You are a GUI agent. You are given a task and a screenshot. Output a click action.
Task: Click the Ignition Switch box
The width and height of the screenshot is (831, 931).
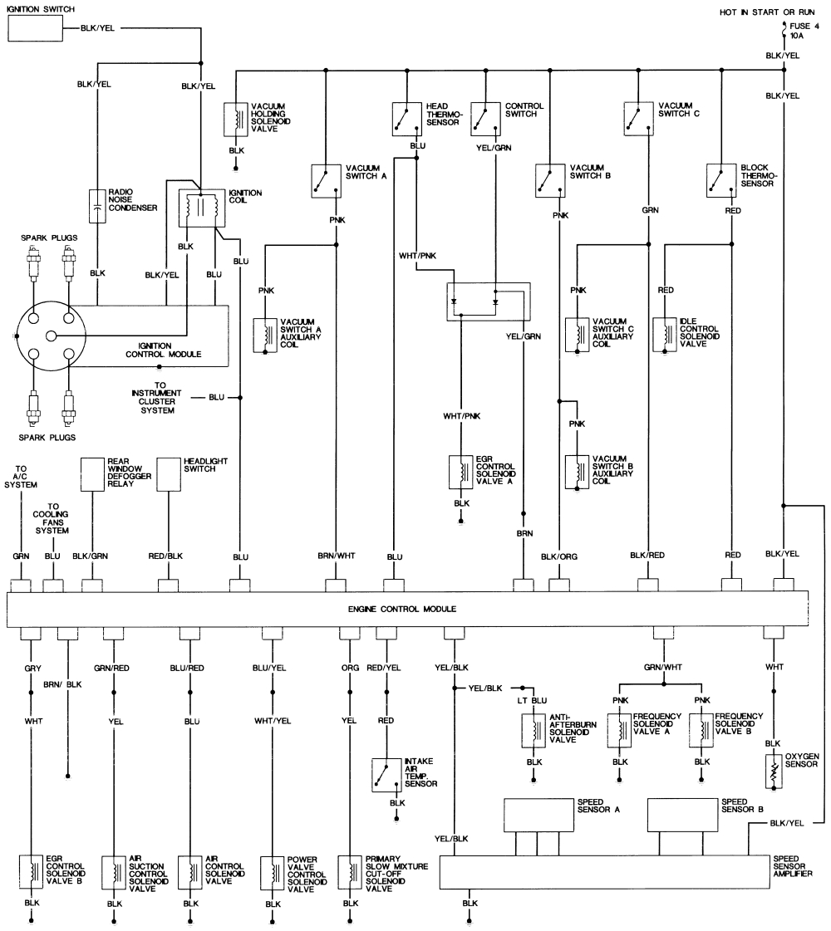pyautogui.click(x=36, y=28)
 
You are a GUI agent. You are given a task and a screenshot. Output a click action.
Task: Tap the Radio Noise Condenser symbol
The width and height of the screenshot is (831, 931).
pyautogui.click(x=97, y=206)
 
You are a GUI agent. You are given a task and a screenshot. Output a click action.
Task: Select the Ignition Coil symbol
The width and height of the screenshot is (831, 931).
pyautogui.click(x=202, y=208)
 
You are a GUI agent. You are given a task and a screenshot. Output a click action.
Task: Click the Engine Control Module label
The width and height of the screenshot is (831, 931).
pyautogui.click(x=402, y=610)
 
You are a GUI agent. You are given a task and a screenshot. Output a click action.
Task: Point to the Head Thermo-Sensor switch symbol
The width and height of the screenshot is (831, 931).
pyautogui.click(x=407, y=120)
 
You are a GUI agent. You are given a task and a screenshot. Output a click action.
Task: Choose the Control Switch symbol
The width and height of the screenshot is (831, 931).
pyautogui.click(x=485, y=120)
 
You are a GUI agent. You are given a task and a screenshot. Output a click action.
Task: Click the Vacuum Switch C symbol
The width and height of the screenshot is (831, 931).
pyautogui.click(x=638, y=119)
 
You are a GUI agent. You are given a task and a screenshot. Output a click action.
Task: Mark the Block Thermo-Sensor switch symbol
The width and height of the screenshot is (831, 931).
pyautogui.click(x=721, y=180)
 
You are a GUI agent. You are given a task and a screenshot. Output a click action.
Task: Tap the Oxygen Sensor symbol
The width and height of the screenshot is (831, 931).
pyautogui.click(x=774, y=771)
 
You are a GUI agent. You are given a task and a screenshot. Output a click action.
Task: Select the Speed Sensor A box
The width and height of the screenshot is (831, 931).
pyautogui.click(x=539, y=815)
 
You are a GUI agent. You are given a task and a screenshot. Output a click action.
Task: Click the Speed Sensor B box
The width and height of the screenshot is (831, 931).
pyautogui.click(x=682, y=815)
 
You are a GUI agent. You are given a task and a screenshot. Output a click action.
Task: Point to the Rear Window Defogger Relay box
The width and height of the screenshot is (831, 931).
pyautogui.click(x=93, y=474)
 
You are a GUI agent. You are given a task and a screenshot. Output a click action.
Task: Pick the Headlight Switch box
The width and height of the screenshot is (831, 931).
pyautogui.click(x=169, y=474)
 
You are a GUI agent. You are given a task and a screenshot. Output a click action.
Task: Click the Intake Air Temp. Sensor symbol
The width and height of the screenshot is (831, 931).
pyautogui.click(x=386, y=775)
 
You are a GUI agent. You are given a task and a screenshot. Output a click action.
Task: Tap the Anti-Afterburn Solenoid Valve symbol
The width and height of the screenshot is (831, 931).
pyautogui.click(x=534, y=730)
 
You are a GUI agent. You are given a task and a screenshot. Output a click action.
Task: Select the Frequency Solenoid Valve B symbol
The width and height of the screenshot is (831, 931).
pyautogui.click(x=701, y=730)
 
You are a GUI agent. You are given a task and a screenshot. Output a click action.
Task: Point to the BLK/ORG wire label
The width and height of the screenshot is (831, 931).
pyautogui.click(x=559, y=557)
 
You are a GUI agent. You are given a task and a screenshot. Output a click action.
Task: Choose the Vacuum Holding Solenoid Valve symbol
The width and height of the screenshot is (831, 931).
pyautogui.click(x=236, y=120)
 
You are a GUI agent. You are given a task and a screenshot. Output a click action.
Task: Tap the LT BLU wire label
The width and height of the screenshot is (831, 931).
pyautogui.click(x=532, y=701)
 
